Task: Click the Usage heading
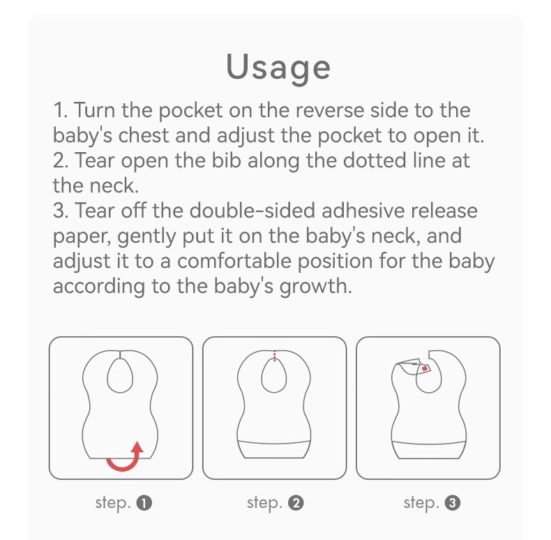[278, 68]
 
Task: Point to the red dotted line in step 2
[274, 355]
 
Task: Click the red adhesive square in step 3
[425, 368]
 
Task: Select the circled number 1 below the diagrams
[144, 503]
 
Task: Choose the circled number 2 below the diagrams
[296, 503]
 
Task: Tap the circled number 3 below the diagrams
[452, 503]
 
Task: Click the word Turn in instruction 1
[95, 110]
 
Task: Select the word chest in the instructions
[144, 136]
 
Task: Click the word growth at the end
[315, 287]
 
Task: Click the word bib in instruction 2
[226, 160]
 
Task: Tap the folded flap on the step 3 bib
[409, 366]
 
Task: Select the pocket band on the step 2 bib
[274, 449]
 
